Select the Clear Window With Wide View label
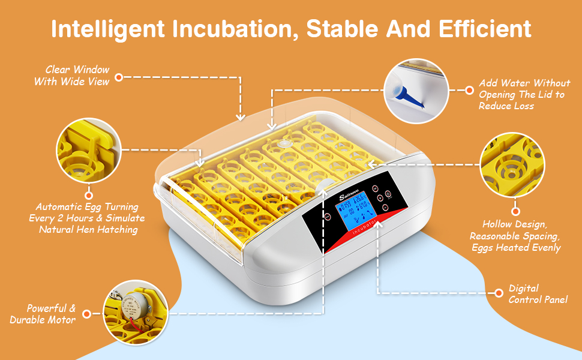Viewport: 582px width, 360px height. [x=71, y=76]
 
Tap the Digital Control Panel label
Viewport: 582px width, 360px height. [x=538, y=294]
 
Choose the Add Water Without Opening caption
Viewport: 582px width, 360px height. [x=524, y=94]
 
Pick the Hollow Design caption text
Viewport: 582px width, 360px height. [x=515, y=236]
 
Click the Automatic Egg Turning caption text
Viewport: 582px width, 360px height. [x=87, y=218]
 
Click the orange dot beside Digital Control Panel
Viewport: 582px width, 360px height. [x=497, y=293]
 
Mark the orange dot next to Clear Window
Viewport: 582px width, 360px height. [x=119, y=77]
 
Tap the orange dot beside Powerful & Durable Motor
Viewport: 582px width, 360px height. [x=87, y=314]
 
